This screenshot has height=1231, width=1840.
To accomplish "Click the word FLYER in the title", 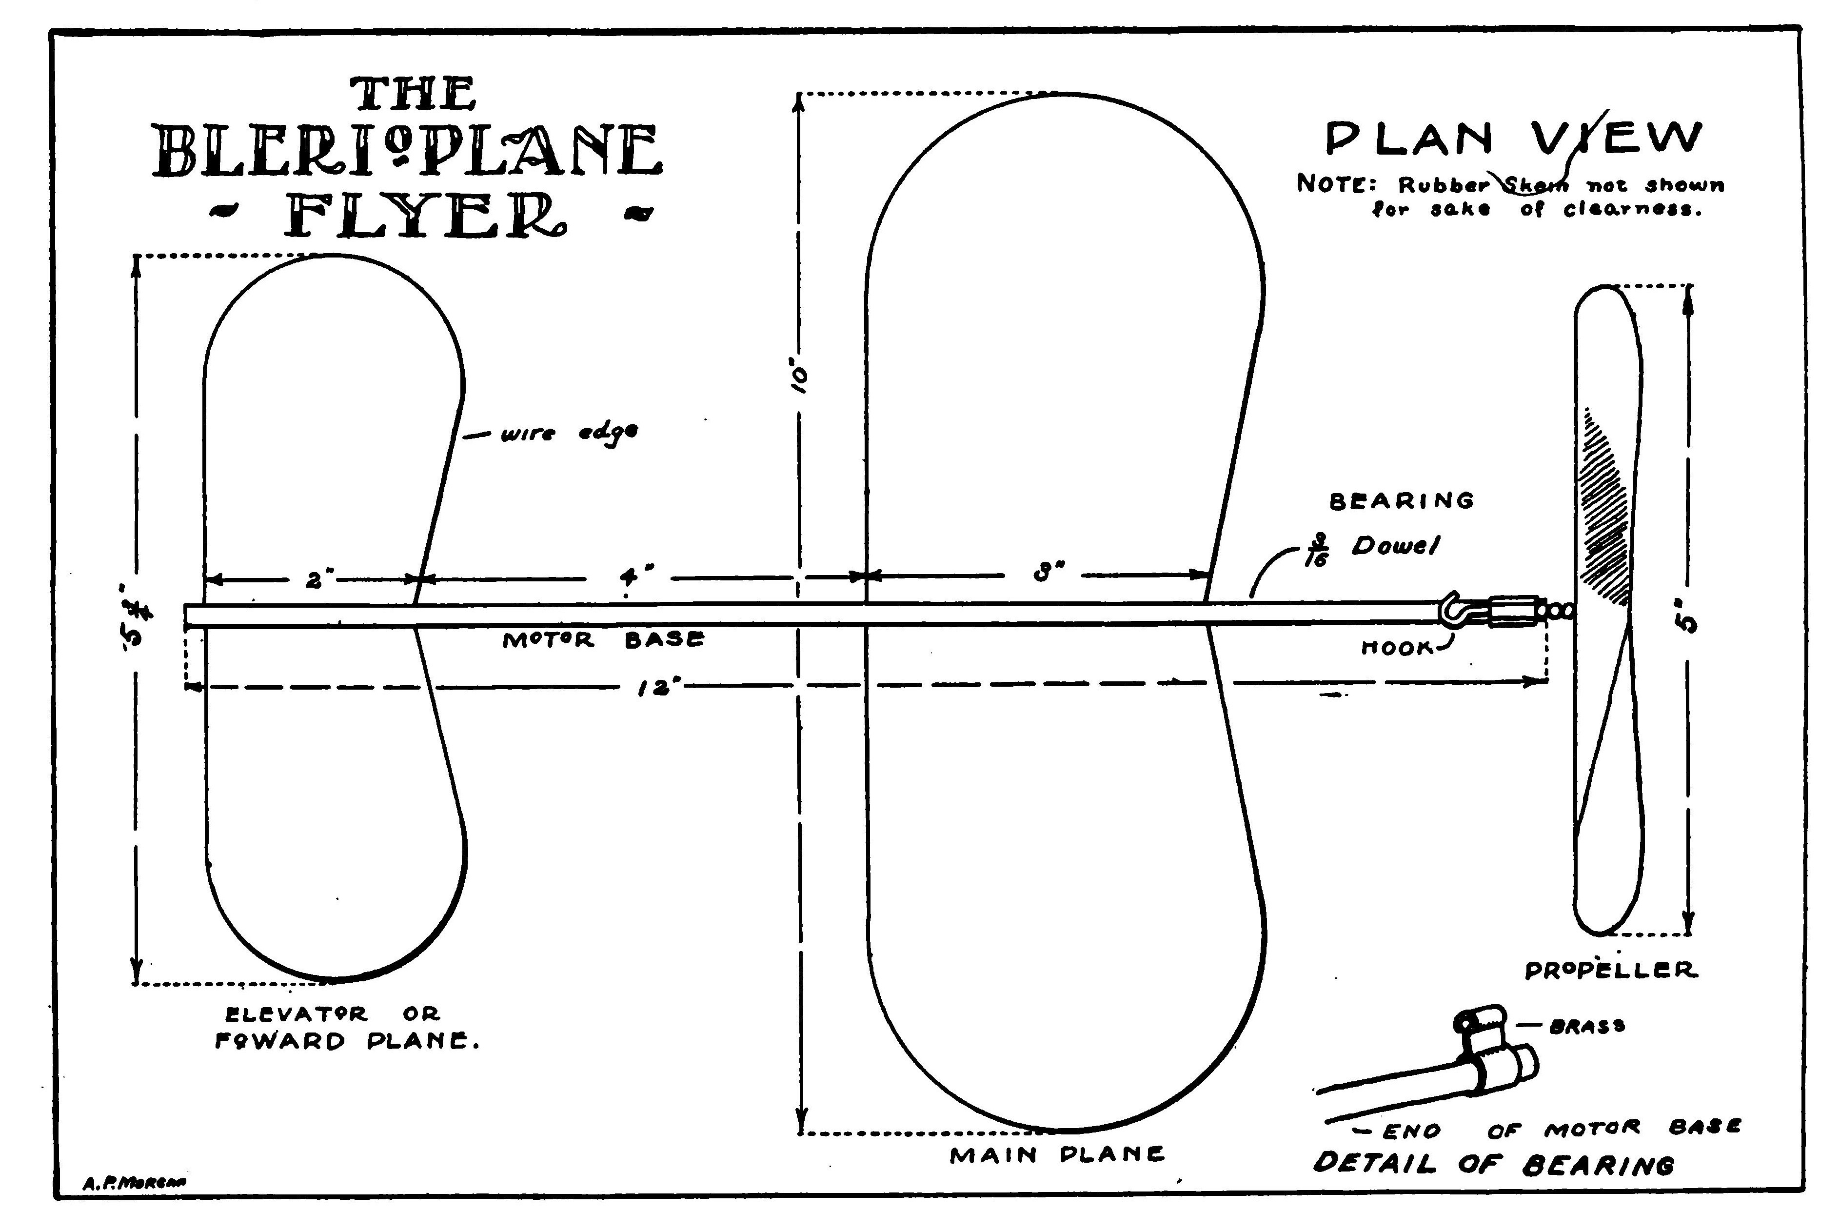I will (424, 216).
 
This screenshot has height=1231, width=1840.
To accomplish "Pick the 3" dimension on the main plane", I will (1044, 574).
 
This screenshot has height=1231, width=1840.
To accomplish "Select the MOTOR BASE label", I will (603, 640).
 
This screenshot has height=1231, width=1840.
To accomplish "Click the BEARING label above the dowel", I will (1401, 501).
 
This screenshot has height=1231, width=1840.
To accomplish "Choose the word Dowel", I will (1396, 546).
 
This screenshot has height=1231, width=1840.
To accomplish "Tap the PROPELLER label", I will (1611, 971).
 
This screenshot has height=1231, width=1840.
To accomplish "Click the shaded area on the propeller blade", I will (1605, 510).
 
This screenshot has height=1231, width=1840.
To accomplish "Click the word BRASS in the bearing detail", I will (1585, 1026).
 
